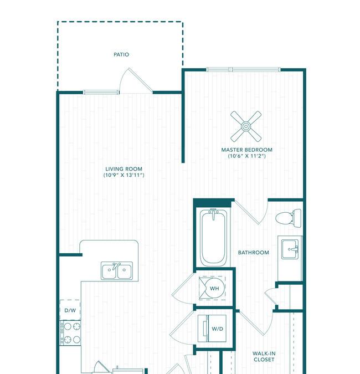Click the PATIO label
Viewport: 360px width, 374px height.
[x=121, y=55]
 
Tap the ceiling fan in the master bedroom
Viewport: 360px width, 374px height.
[x=246, y=126]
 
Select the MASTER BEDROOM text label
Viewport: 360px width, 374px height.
[x=247, y=150]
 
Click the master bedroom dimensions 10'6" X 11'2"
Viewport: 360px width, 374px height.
[x=247, y=156]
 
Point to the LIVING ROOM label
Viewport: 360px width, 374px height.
[x=124, y=169]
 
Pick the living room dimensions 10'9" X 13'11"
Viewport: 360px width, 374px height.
[x=124, y=175]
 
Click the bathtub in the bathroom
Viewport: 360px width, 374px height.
[x=213, y=238]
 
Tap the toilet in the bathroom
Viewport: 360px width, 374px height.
[x=288, y=218]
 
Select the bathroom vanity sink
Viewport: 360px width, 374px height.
[x=290, y=249]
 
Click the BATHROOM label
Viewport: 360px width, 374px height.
[x=254, y=253]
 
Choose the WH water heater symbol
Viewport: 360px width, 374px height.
[x=213, y=288]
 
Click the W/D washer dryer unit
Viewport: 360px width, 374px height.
[x=212, y=329]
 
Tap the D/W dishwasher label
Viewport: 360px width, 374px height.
[x=70, y=310]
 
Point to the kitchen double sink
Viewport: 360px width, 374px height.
[x=117, y=271]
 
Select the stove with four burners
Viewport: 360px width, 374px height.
[x=70, y=333]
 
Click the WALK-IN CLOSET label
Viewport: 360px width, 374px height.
[x=264, y=356]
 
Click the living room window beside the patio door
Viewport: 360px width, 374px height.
[x=101, y=93]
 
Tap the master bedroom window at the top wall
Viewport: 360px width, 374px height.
[x=244, y=70]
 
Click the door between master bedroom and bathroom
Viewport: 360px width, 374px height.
[x=251, y=212]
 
